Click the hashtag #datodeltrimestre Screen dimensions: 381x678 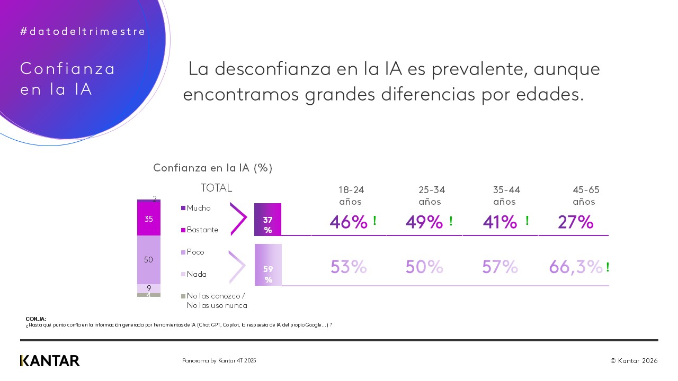(x=83, y=32)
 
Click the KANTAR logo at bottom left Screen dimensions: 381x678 (x=50, y=361)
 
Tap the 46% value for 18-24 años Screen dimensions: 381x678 (x=348, y=222)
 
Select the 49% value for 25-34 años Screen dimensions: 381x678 (x=424, y=222)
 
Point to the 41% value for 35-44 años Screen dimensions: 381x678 (x=499, y=222)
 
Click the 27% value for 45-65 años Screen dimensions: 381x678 (x=575, y=222)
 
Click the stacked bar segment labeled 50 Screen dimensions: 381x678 (x=149, y=260)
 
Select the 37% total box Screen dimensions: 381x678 (x=268, y=220)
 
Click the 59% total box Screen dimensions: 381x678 (x=268, y=265)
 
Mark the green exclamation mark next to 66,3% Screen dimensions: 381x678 (x=608, y=267)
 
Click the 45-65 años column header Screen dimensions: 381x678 (x=586, y=196)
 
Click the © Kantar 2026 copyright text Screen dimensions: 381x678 (x=634, y=361)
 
